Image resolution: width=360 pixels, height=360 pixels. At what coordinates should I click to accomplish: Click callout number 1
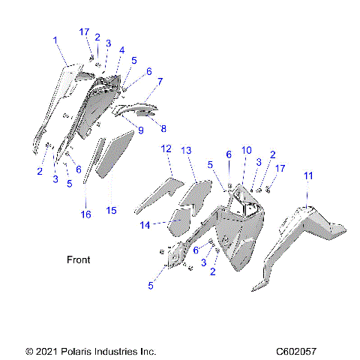point(54,38)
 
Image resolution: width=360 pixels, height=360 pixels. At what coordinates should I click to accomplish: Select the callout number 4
point(121,50)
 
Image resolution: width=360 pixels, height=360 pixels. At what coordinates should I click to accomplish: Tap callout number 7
point(160,80)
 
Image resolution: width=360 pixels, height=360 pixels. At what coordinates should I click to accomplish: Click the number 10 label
point(246,150)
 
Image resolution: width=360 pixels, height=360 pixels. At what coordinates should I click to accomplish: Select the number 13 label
point(187,150)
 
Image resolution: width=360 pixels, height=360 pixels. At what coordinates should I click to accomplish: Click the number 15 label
point(111,211)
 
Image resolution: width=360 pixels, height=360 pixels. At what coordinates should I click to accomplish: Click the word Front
point(78,260)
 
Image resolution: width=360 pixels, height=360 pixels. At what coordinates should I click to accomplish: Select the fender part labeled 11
point(307,232)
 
